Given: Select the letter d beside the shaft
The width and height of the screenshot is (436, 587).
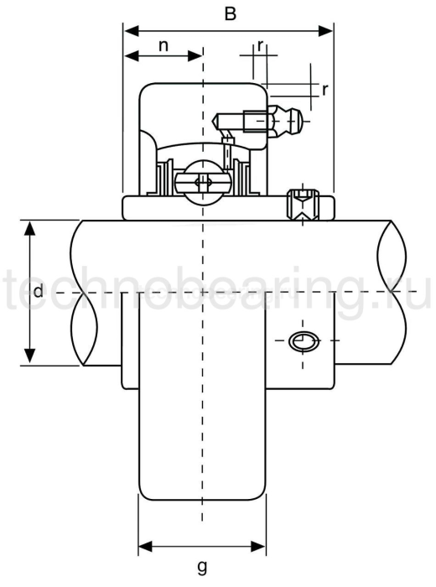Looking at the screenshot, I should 38,292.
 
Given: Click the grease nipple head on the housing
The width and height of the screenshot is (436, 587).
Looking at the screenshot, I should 290,124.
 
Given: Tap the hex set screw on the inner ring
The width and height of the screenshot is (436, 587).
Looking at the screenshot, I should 304,205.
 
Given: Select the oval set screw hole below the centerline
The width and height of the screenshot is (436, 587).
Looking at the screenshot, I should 304,340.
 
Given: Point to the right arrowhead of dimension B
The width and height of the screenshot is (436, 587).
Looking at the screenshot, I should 328,31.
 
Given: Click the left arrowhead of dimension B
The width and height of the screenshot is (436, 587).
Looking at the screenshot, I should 129,31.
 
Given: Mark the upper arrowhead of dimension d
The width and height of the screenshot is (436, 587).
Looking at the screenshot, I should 29,226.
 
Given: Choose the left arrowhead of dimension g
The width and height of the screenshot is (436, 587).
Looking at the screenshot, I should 143,541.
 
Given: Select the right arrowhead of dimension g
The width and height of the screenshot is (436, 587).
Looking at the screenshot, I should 261,541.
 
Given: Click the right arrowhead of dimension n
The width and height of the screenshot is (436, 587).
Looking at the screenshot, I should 197,57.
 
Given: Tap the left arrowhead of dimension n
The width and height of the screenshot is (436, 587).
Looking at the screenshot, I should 129,57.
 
